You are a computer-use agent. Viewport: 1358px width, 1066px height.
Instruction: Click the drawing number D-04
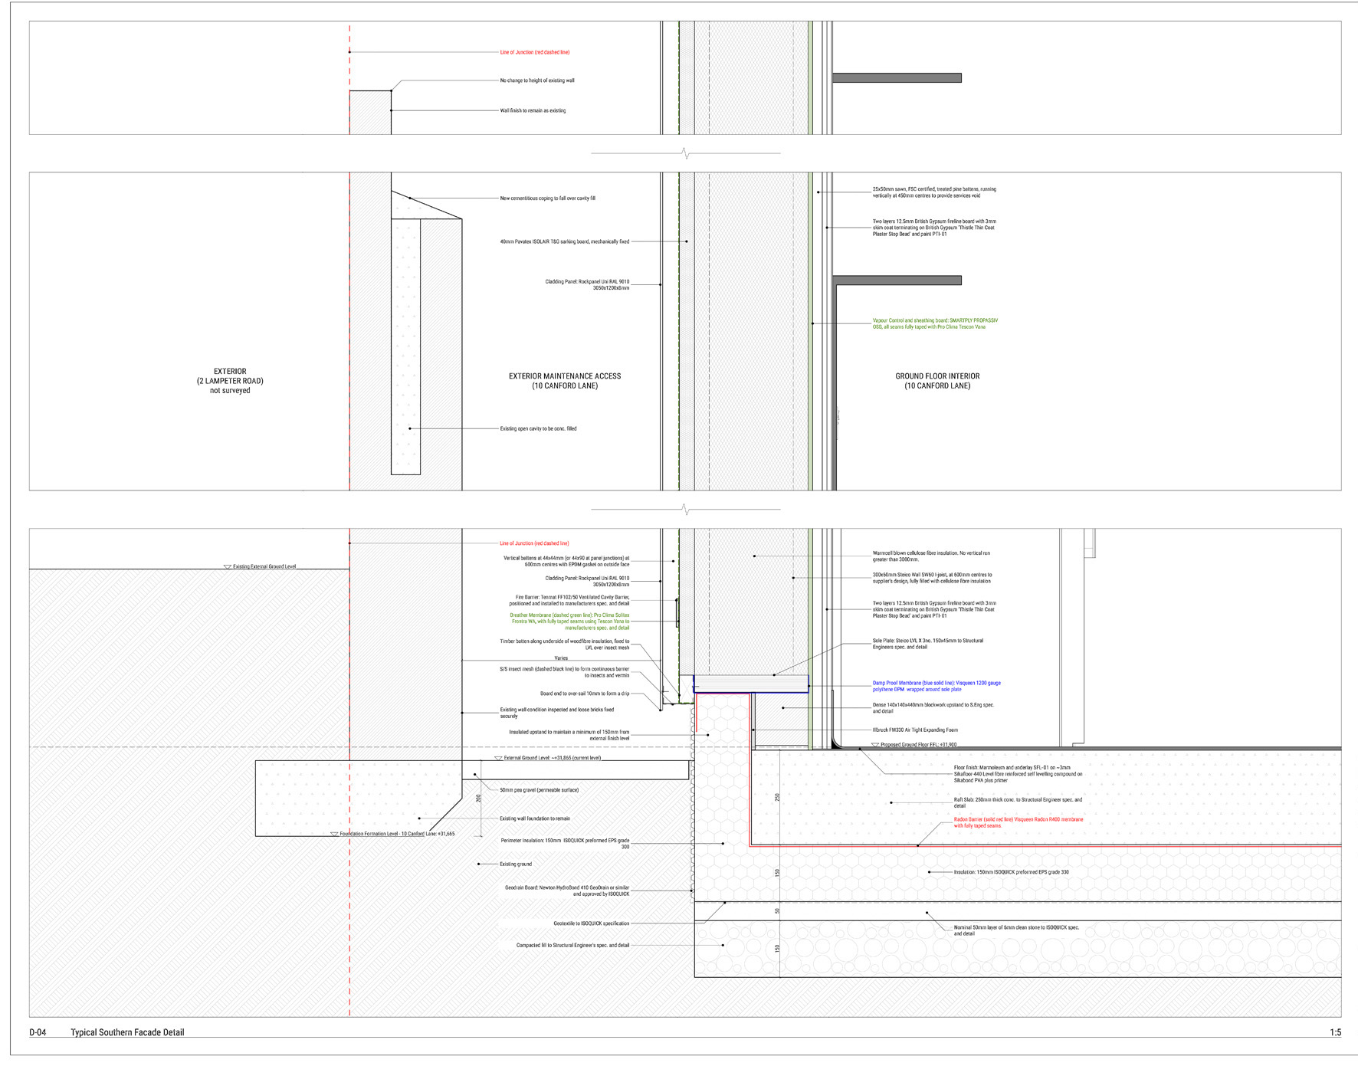38,1032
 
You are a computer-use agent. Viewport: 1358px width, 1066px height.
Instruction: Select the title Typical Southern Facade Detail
127,1032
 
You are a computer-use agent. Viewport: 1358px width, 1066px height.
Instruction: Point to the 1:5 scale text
1335,1032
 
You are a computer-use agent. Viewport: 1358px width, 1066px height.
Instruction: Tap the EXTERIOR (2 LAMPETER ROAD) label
230,381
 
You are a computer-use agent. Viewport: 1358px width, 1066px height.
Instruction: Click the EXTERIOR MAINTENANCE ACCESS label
565,381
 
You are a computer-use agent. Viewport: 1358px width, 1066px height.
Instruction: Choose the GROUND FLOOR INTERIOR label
937,381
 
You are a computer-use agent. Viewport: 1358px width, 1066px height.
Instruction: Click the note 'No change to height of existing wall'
537,80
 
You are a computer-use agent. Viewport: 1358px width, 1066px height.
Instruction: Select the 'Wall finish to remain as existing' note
533,110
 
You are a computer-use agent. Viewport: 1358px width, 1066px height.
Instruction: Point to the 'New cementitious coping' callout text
547,198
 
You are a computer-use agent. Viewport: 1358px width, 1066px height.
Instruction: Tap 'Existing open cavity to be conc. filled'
538,428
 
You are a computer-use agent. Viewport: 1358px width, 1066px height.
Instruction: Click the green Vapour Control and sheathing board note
935,323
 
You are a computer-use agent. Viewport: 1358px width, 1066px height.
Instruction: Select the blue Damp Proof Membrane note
936,686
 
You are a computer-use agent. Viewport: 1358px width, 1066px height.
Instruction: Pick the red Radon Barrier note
1018,822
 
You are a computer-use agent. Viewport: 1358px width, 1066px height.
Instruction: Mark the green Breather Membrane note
569,622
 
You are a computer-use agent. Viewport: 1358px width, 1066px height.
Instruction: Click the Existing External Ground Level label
264,566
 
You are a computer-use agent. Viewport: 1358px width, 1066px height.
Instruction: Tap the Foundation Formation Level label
397,834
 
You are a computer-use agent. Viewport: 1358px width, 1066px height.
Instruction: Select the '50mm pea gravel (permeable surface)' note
539,790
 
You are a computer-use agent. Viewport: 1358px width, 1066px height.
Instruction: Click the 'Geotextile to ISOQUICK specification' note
591,923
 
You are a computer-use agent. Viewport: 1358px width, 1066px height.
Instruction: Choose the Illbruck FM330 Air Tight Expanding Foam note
915,730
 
